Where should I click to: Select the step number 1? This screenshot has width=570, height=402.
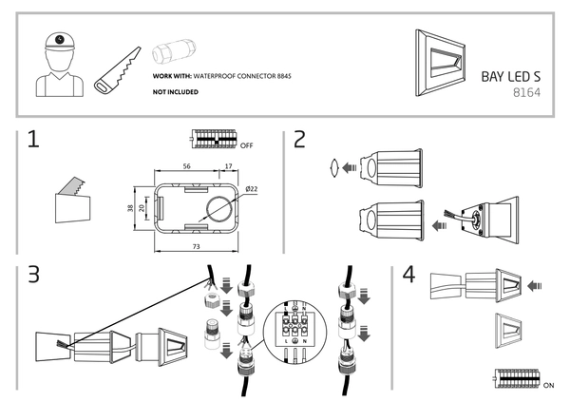(x=34, y=142)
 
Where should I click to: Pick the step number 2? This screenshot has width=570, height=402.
(x=300, y=142)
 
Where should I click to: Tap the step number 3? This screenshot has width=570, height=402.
(x=34, y=276)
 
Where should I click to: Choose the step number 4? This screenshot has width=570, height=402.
(x=408, y=276)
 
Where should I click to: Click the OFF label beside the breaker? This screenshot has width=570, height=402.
(x=247, y=146)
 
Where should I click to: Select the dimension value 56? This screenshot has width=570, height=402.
(x=186, y=165)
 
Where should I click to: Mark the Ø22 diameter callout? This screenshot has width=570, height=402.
(x=252, y=189)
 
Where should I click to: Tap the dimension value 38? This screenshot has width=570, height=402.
(x=131, y=206)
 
